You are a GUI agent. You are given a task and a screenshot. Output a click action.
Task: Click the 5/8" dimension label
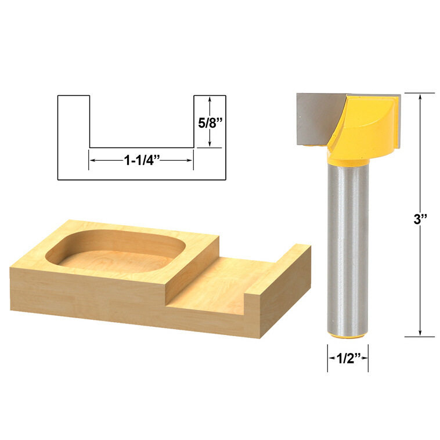click(x=210, y=122)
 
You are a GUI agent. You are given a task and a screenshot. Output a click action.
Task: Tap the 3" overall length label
click(x=420, y=219)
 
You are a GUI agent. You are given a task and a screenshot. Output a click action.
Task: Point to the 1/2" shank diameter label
click(x=347, y=358)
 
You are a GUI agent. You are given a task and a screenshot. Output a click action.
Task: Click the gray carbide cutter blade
click(x=313, y=119)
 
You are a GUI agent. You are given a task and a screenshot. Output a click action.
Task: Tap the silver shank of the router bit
click(x=347, y=250)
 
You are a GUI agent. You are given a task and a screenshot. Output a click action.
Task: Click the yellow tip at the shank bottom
click(x=347, y=336)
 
